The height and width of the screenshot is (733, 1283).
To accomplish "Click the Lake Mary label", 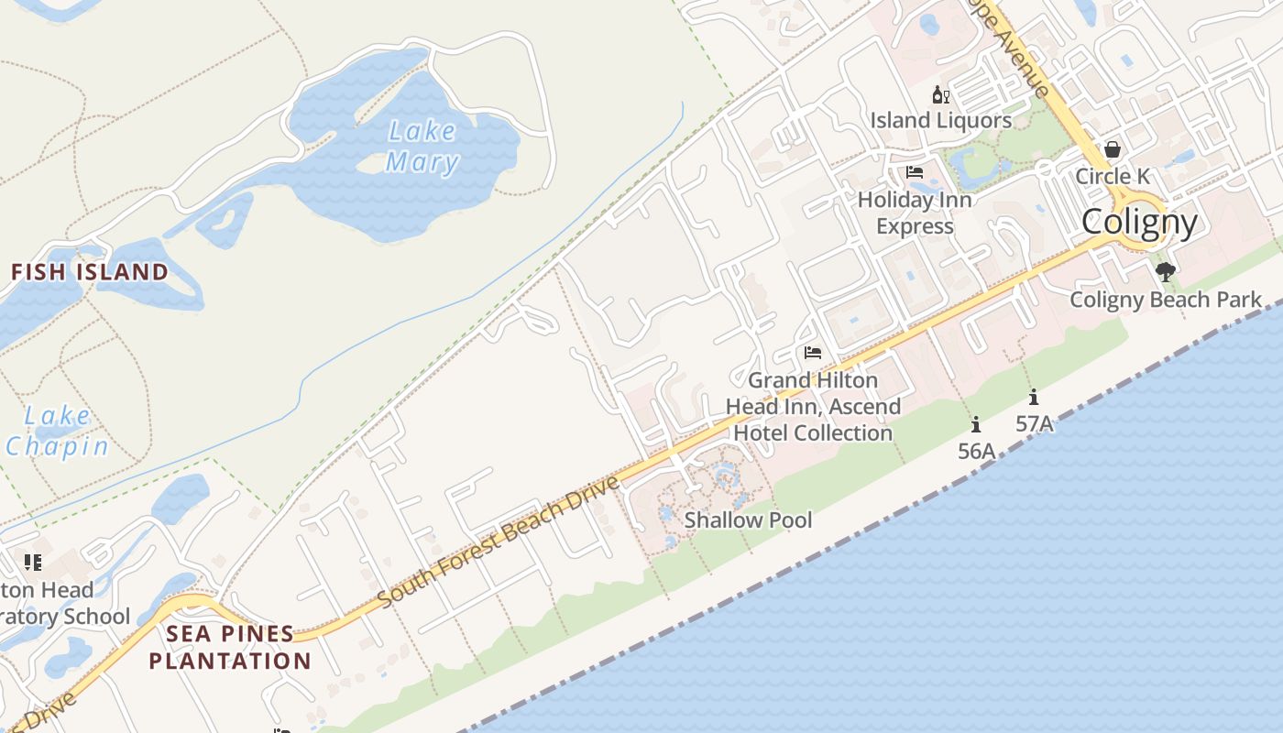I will (x=422, y=147).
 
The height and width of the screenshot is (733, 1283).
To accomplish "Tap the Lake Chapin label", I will (x=57, y=432).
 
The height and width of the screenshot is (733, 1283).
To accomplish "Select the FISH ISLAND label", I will (x=90, y=272).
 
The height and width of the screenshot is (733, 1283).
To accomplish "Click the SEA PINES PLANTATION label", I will (x=230, y=647).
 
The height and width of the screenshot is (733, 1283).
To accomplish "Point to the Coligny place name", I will (x=1139, y=222).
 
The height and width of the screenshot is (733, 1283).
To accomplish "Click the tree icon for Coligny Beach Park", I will (x=1166, y=271).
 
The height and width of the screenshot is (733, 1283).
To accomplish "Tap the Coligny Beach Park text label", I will (x=1166, y=300).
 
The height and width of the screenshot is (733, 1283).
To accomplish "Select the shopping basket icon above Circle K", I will (x=1113, y=148).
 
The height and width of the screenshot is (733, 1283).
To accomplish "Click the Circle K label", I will (x=1113, y=176).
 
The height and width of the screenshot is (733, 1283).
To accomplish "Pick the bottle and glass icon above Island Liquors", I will (x=941, y=94).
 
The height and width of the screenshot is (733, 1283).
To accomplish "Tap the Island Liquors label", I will (x=941, y=120).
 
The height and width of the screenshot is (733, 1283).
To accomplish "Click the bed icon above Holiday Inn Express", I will (x=914, y=172).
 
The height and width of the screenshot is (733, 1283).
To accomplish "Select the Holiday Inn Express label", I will (x=915, y=213).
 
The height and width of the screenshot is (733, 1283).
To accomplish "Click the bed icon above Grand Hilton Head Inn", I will (x=813, y=352).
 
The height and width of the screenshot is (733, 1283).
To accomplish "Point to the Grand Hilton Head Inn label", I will (x=814, y=406).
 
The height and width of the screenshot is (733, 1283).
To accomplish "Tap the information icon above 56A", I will (x=976, y=424).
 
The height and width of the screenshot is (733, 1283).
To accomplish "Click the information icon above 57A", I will (x=1034, y=397).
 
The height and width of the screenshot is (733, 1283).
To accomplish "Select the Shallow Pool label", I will (x=749, y=520).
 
